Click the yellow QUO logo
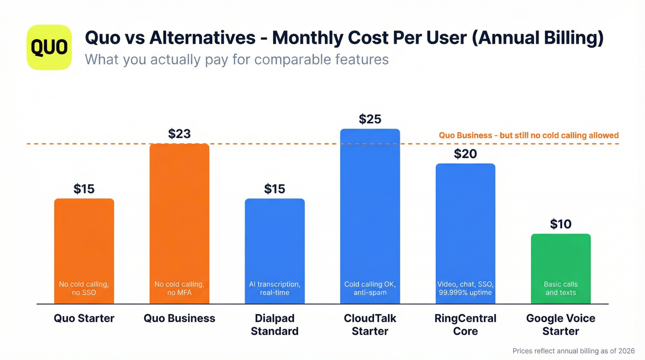[x=49, y=47]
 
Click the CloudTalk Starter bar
[x=370, y=207]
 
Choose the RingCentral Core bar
[x=465, y=226]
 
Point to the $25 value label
[x=370, y=119]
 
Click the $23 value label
[x=179, y=134]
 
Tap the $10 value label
[x=561, y=224]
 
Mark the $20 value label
[x=465, y=154]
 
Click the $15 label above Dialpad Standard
[x=275, y=189]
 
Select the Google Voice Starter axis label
[x=561, y=325]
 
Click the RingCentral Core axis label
[x=465, y=325]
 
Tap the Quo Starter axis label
[x=84, y=318]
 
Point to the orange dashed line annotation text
[x=528, y=136]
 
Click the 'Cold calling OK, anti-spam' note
[x=370, y=289]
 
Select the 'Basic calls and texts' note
[x=561, y=289]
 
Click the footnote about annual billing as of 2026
[x=574, y=351]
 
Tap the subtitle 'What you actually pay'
[x=237, y=59]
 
